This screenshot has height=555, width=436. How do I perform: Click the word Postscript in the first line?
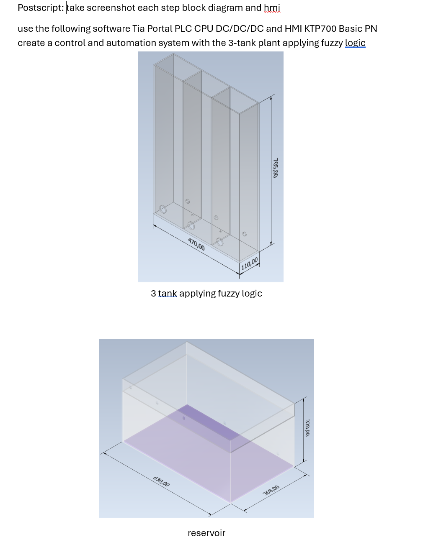click(40, 8)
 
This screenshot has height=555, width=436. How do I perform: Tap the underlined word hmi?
click(272, 8)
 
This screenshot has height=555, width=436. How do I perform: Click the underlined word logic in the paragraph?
click(355, 43)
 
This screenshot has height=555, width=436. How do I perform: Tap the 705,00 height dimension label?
click(275, 168)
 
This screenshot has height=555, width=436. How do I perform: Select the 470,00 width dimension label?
click(196, 244)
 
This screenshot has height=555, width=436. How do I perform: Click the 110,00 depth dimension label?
click(250, 263)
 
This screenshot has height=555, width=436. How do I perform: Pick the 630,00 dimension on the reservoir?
click(161, 481)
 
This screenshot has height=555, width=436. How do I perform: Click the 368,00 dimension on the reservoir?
click(271, 490)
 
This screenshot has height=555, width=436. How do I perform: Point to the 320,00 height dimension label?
click(307, 427)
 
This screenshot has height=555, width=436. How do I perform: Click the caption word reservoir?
click(206, 533)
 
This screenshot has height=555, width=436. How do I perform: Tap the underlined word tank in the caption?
click(168, 294)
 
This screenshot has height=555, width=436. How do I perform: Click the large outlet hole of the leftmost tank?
click(163, 209)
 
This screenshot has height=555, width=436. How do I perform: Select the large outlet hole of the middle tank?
click(191, 226)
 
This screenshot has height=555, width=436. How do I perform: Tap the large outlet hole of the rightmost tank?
click(219, 242)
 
